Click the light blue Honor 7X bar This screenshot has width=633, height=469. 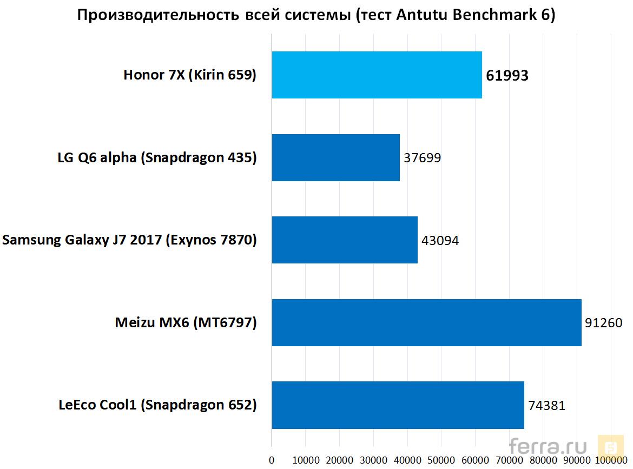pos(377,75)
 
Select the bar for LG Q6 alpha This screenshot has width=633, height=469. pos(335,158)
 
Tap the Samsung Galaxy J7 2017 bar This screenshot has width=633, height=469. pos(345,240)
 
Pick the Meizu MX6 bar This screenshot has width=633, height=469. pos(426,322)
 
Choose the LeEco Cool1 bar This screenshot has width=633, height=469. pos(398,405)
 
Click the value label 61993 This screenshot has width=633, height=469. pos(507,76)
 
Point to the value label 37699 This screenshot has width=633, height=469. pos(423,158)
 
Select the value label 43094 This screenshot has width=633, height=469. pos(440,240)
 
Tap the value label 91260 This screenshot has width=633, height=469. pos(604,323)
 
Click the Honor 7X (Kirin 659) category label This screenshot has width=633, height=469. pos(190,75)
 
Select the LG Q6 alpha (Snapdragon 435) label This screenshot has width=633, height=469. pos(157,158)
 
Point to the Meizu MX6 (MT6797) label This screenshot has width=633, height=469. pos(186,323)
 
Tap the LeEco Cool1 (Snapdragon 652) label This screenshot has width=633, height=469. pos(157,405)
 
